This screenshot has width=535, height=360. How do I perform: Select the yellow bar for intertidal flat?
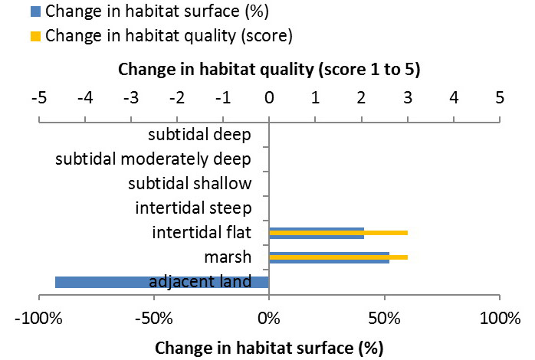[338, 232]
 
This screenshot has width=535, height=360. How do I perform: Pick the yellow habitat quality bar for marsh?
[338, 257]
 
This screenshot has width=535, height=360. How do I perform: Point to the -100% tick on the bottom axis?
[38, 317]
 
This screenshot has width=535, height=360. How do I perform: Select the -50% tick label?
[153, 317]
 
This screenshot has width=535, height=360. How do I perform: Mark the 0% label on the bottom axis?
[269, 317]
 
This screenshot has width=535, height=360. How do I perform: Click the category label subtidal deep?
[199, 136]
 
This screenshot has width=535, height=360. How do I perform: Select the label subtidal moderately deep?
[154, 159]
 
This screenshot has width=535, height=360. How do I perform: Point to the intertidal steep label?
[193, 208]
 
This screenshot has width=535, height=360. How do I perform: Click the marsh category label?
[227, 257]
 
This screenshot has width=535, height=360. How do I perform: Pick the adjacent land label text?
[201, 281]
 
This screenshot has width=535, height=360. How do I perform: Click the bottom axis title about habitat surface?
[268, 347]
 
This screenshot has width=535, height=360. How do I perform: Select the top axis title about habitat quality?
[269, 70]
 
